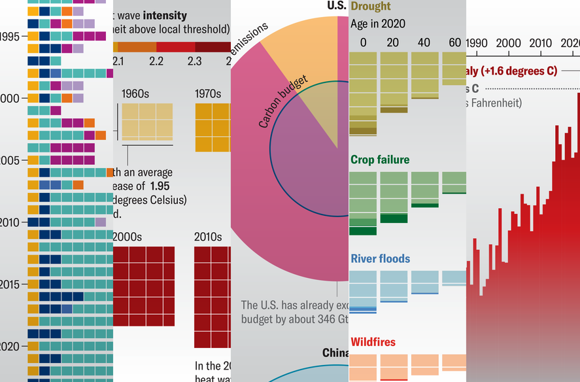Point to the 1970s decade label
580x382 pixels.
[x=209, y=94]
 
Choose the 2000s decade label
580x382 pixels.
[x=128, y=236]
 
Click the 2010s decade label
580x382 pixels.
[x=208, y=236]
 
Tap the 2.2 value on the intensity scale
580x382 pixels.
[x=156, y=61]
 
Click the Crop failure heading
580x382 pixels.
[x=380, y=160]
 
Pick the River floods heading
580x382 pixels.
[x=381, y=258]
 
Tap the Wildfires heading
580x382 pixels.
[x=373, y=341]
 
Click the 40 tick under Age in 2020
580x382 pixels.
[x=424, y=43]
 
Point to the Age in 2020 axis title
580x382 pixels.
[x=378, y=24]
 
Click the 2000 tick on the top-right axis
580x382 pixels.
[x=509, y=43]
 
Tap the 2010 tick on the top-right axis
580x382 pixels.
[x=541, y=43]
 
